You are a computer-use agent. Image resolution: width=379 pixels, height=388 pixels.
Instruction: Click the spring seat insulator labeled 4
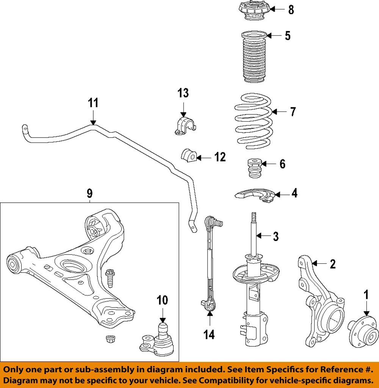pyautogui.click(x=254, y=196)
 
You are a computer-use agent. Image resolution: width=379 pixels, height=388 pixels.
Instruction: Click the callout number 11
pyautogui.click(x=93, y=103)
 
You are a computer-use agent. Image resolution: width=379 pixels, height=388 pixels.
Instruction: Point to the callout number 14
pyautogui.click(x=209, y=334)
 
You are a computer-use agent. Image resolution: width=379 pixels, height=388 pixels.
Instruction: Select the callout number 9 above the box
pyautogui.click(x=89, y=194)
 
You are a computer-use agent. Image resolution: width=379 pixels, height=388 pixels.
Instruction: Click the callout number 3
pyautogui.click(x=276, y=236)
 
